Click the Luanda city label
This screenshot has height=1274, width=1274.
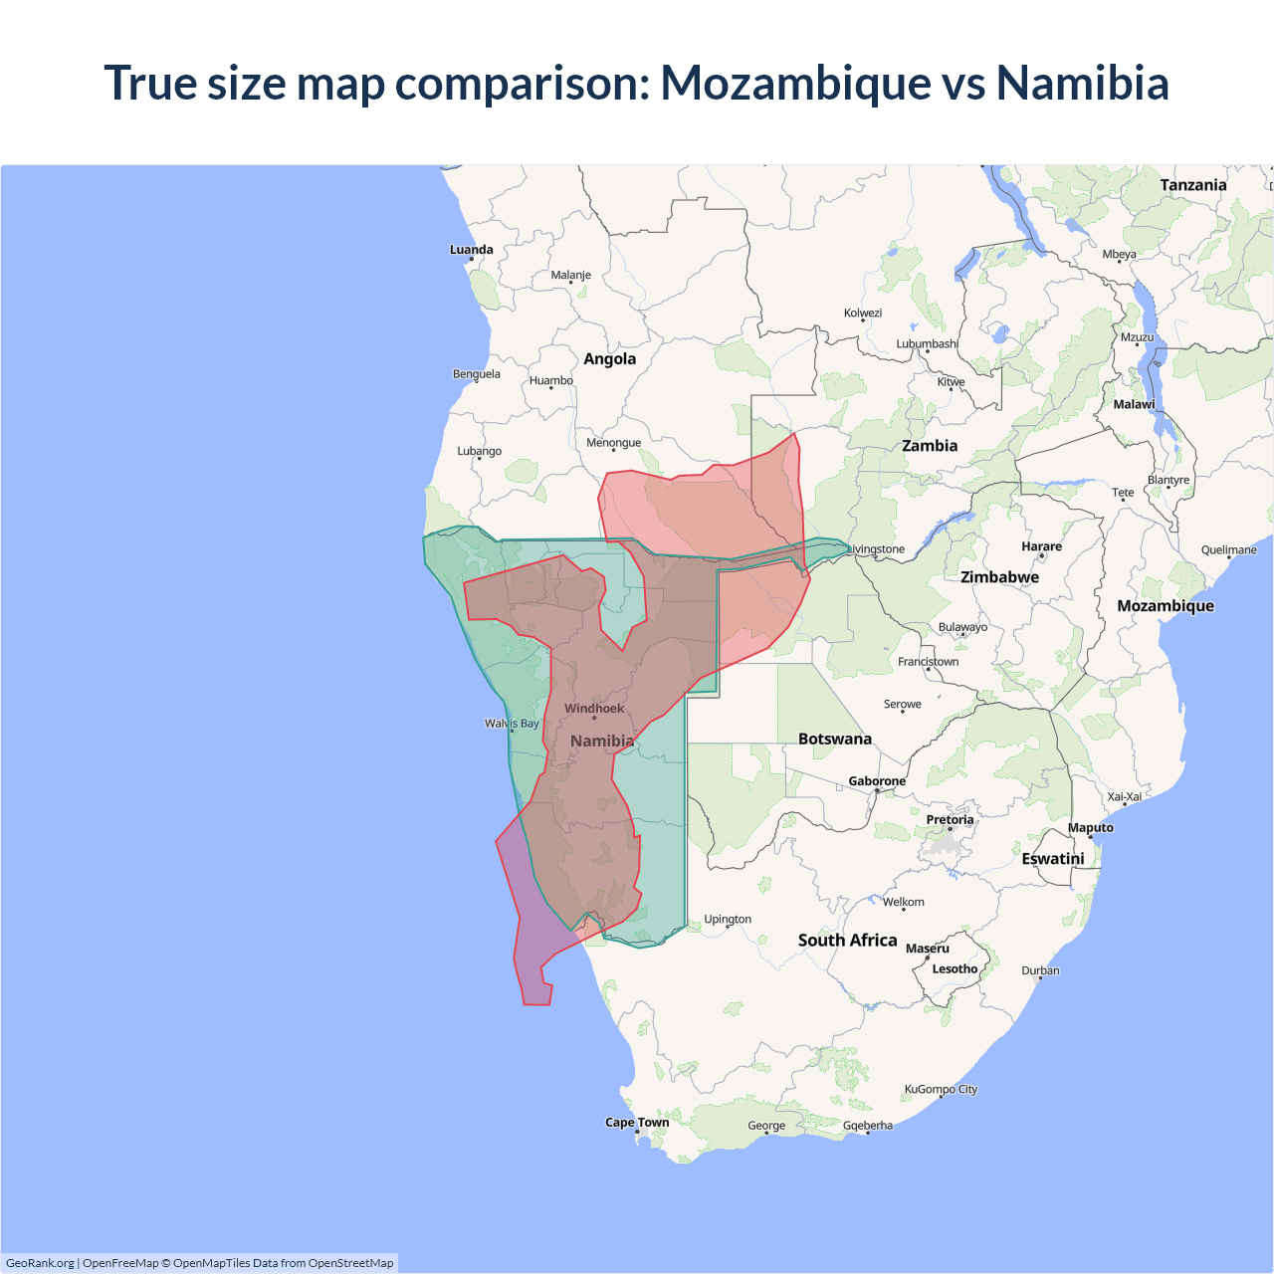pyautogui.click(x=471, y=250)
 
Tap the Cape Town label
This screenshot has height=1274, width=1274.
pyautogui.click(x=637, y=1122)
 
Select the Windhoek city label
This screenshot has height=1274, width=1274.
pyautogui.click(x=594, y=709)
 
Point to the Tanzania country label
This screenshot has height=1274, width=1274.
pyautogui.click(x=1192, y=185)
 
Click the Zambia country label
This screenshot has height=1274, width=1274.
pyautogui.click(x=930, y=446)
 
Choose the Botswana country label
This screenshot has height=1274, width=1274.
pyautogui.click(x=834, y=739)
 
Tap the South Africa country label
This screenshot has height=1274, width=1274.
pyautogui.click(x=847, y=941)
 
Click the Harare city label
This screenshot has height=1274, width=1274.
pyautogui.click(x=1041, y=546)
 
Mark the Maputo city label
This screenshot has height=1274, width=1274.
pyautogui.click(x=1090, y=827)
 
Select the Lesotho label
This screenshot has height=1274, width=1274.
pyautogui.click(x=955, y=968)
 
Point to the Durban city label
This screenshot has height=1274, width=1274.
pyautogui.click(x=1040, y=970)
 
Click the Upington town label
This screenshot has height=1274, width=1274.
pyautogui.click(x=728, y=919)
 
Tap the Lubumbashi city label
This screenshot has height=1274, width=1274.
pyautogui.click(x=927, y=344)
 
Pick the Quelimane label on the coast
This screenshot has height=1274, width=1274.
pyautogui.click(x=1228, y=549)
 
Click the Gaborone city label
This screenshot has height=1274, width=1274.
pyautogui.click(x=877, y=781)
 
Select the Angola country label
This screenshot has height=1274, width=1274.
pyautogui.click(x=609, y=359)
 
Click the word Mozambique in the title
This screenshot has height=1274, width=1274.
pyautogui.click(x=795, y=83)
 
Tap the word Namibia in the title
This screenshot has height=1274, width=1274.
pyautogui.click(x=1082, y=83)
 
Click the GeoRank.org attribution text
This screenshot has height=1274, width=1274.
pyautogui.click(x=40, y=1263)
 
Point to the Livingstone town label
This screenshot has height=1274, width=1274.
pyautogui.click(x=876, y=548)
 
